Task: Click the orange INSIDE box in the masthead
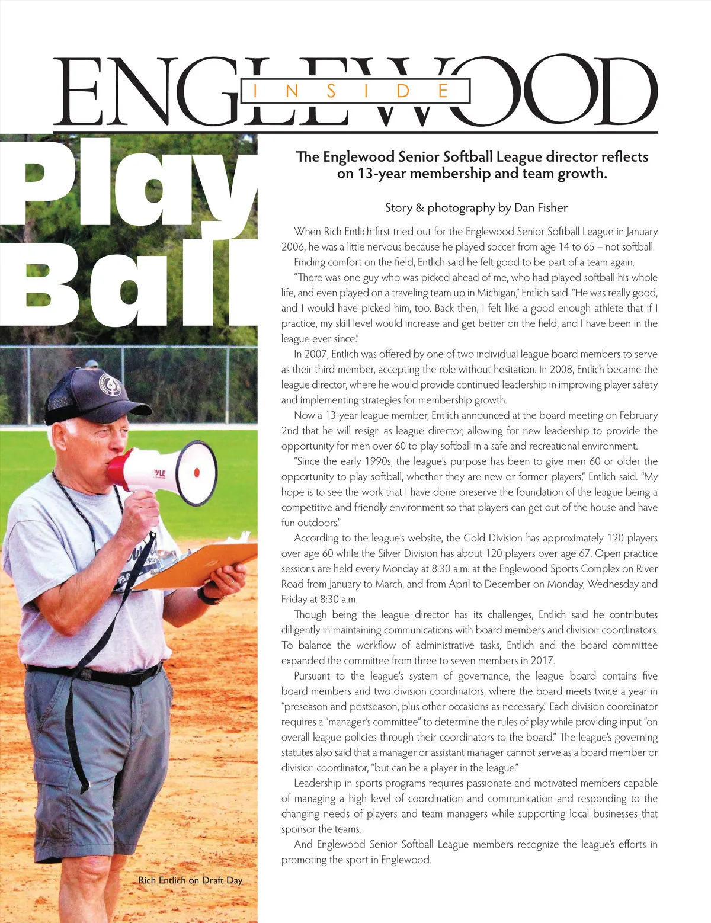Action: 355,91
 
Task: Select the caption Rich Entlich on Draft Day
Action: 190,880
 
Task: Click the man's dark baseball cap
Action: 89,394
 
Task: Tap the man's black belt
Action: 95,674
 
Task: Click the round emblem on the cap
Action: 110,385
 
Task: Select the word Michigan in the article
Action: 497,293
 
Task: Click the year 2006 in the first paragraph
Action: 293,247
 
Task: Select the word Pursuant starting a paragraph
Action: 312,676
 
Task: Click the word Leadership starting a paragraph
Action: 321,783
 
